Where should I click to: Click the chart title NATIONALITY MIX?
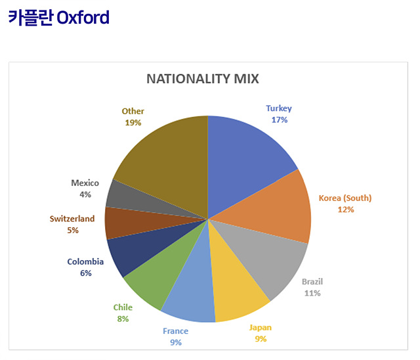pos(202,79)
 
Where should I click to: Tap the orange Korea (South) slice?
pos(276,210)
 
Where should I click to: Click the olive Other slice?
pos(167,158)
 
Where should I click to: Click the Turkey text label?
pos(279,108)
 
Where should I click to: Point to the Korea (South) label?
pos(345,198)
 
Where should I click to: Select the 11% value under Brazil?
pos(312,293)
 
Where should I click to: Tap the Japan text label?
pos(260,327)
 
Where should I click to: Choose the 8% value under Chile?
pos(123,319)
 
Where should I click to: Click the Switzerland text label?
pos(72,219)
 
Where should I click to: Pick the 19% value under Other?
pos(133,122)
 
